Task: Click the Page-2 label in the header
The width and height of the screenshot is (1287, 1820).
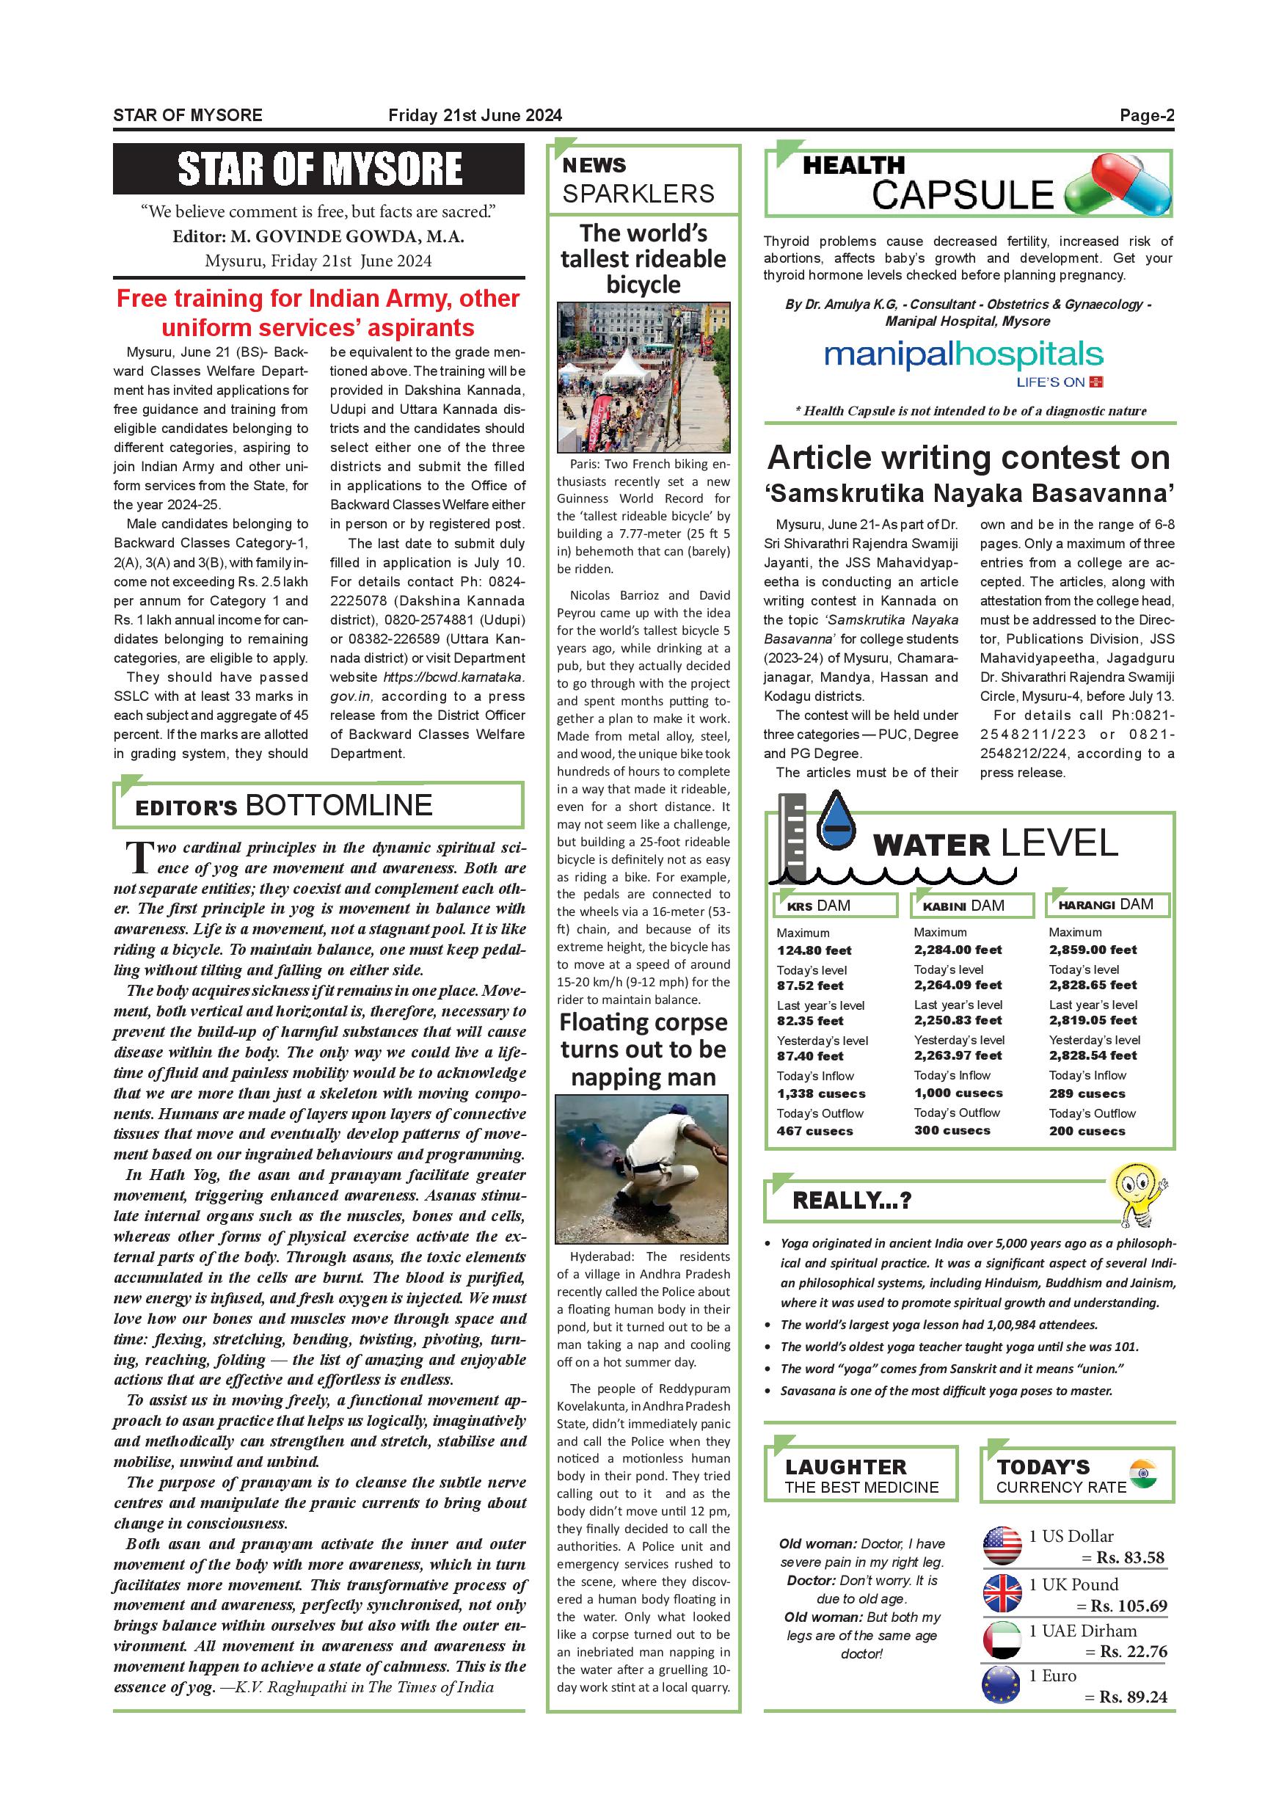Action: click(1146, 116)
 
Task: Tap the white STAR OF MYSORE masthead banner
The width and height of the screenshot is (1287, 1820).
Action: click(318, 169)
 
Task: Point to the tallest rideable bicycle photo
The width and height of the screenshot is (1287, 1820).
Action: click(643, 376)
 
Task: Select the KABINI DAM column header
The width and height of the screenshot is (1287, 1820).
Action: click(971, 906)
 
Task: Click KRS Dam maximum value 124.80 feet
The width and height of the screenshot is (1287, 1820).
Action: click(814, 950)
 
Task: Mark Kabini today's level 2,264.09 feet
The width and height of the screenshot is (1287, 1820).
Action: click(958, 986)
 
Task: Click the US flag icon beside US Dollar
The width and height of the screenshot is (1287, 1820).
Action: click(1002, 1545)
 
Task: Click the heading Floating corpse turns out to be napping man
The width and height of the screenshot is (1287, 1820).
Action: click(643, 1049)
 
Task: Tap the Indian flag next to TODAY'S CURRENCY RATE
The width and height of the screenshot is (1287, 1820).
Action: click(1142, 1473)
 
